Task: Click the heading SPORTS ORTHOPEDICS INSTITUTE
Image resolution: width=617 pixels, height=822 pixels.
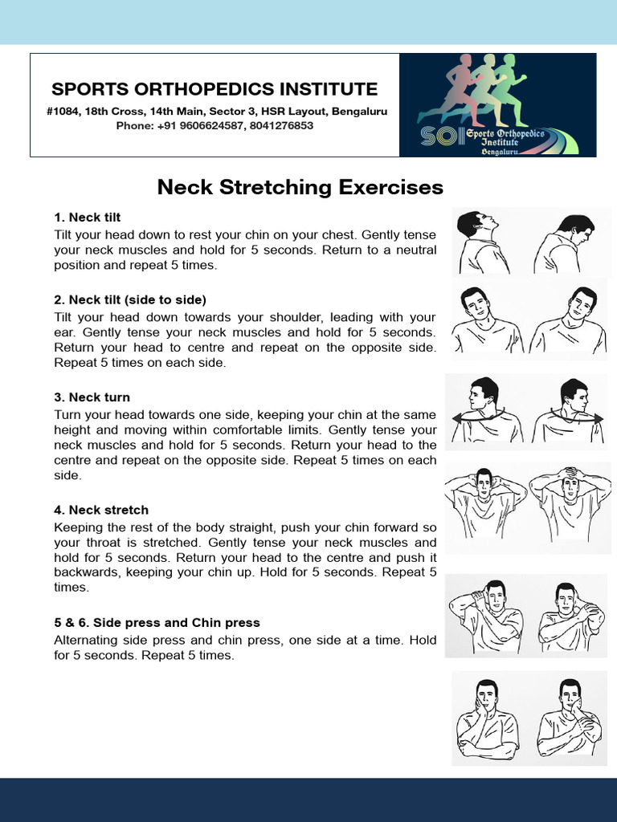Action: (x=215, y=89)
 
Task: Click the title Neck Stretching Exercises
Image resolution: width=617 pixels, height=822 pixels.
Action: (x=300, y=187)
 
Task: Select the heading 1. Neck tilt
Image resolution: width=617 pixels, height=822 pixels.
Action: (x=87, y=218)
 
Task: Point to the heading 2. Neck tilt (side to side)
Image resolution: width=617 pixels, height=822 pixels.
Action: (x=130, y=299)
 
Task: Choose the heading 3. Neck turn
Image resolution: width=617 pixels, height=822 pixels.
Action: (x=92, y=397)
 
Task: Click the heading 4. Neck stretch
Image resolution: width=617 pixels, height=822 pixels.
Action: (x=101, y=510)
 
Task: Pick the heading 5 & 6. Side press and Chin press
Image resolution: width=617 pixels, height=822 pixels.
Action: (x=157, y=622)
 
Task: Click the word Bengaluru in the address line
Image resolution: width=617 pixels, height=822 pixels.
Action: (x=362, y=112)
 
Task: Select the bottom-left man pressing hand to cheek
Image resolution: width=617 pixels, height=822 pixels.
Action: (x=487, y=718)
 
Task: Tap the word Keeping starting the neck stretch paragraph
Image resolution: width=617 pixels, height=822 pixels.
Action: (x=79, y=527)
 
